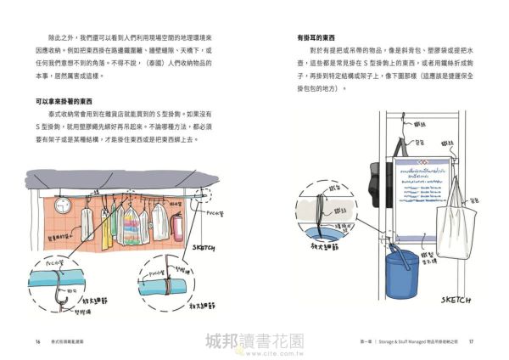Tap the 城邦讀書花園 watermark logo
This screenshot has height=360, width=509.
tap(254, 340)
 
